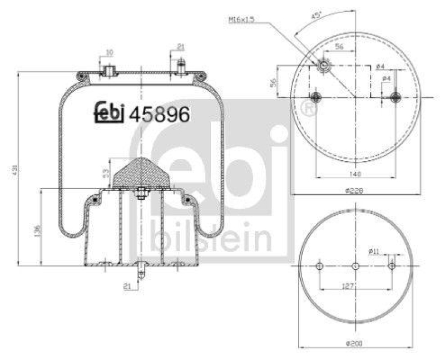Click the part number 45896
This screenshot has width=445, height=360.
(160, 115)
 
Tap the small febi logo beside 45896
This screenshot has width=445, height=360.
(108, 113)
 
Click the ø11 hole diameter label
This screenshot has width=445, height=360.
(374, 252)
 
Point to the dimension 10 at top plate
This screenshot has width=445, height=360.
(109, 53)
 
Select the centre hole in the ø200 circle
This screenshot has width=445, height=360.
(355, 267)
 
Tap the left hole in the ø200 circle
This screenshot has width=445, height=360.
(319, 267)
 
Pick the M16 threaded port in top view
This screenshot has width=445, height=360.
(324, 66)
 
